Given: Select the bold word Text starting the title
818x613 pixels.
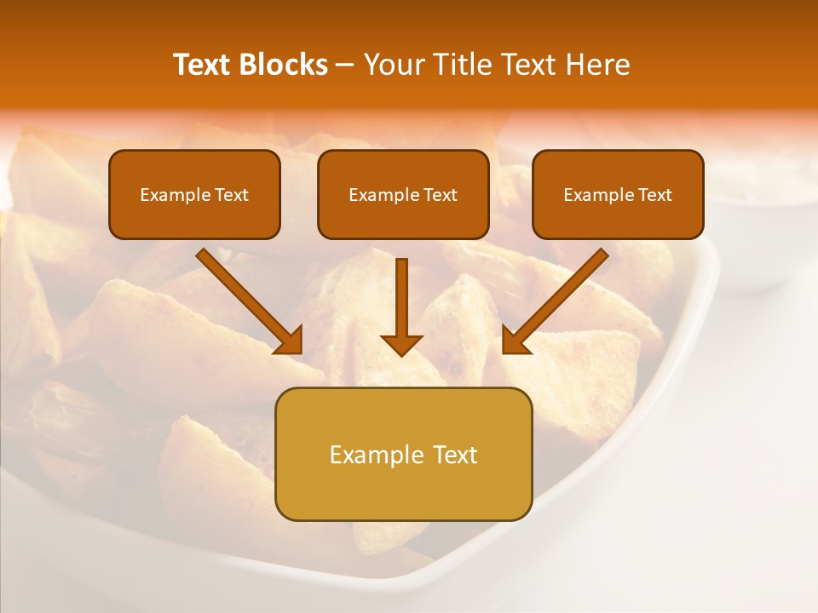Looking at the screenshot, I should click(204, 65).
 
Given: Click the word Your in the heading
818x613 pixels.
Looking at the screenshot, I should click(394, 65).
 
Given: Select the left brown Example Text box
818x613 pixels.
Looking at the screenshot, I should click(194, 194).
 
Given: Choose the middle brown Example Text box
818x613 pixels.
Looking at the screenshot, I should click(403, 194).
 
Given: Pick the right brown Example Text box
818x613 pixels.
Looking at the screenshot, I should click(618, 194).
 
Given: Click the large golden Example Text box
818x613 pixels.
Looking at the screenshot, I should click(403, 454).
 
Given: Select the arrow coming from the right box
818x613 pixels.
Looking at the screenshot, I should click(558, 298).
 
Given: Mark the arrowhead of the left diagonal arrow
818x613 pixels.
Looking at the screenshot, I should click(290, 341).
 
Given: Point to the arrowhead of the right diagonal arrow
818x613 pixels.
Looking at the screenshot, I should click(515, 341).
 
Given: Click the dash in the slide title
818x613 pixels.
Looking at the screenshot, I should click(345, 66).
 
